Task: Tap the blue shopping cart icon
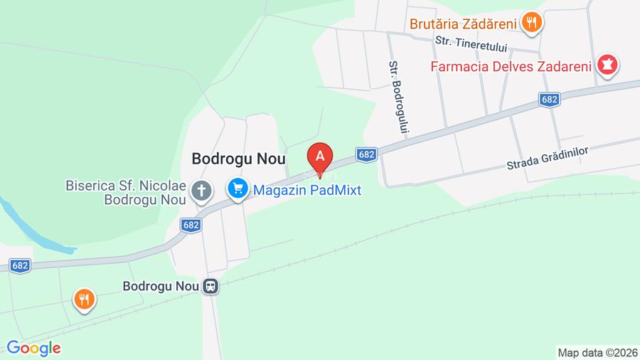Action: pyautogui.click(x=237, y=189)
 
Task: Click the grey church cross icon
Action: pyautogui.click(x=203, y=190)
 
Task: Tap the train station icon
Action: pyautogui.click(x=210, y=286)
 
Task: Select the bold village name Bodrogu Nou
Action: pyautogui.click(x=238, y=160)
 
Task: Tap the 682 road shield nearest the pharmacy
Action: pyautogui.click(x=548, y=100)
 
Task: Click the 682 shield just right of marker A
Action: pyautogui.click(x=366, y=154)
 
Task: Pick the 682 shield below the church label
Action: pyautogui.click(x=191, y=225)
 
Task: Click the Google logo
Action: pyautogui.click(x=33, y=348)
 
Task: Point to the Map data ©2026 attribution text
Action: pyautogui.click(x=596, y=352)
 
